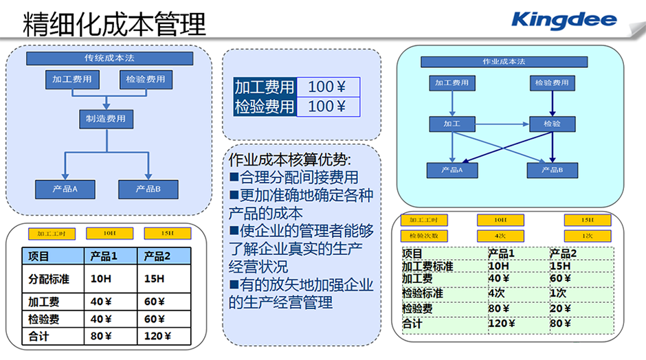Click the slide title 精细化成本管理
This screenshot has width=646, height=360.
(x=114, y=25)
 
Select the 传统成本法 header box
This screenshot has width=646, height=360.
(x=109, y=58)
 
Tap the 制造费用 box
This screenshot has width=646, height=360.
(x=106, y=119)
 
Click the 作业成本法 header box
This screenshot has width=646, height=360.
(x=504, y=61)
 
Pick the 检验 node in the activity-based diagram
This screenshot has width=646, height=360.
(x=552, y=124)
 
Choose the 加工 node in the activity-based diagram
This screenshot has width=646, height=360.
(x=452, y=124)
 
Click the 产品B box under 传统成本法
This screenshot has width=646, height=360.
(x=148, y=189)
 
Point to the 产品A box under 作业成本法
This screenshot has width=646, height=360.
(x=451, y=170)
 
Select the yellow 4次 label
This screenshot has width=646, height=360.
(x=500, y=236)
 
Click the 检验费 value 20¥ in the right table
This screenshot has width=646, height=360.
(x=561, y=308)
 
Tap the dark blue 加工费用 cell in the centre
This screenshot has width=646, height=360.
(x=265, y=87)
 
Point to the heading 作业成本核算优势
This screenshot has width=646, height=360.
(x=289, y=160)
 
